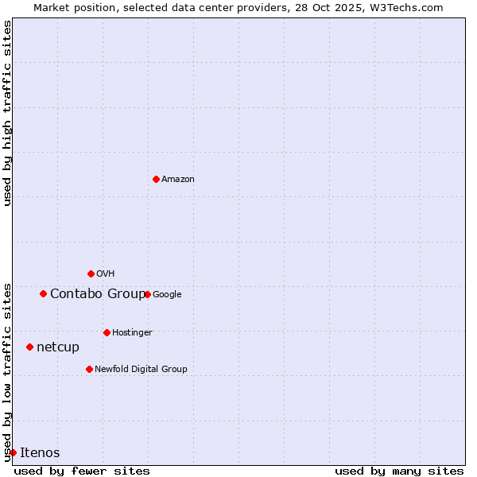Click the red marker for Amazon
156,179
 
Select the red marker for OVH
91,273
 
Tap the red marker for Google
147,294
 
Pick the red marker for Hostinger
107,332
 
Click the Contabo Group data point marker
43,293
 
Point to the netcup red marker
29,347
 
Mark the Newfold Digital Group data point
89,369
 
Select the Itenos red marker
13,452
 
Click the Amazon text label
178,180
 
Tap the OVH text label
106,274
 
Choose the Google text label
167,295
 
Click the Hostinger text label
132,333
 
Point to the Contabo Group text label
97,294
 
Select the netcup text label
58,347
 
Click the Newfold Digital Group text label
141,370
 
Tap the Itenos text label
40,453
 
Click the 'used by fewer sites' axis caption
82,471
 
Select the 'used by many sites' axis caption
399,471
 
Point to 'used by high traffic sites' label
8,113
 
